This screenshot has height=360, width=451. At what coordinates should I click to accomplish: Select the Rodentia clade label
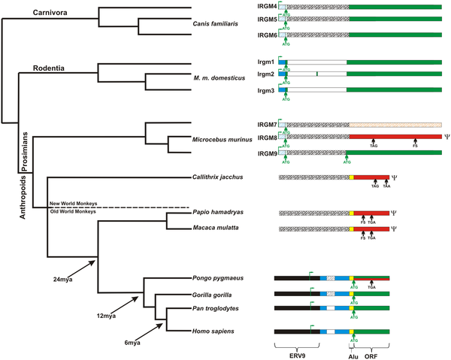[x=50, y=69]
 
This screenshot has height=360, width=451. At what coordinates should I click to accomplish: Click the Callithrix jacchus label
[x=217, y=177]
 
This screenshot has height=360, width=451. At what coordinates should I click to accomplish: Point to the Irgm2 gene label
[x=268, y=74]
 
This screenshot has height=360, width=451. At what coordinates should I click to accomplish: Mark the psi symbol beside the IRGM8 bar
[x=446, y=138]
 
